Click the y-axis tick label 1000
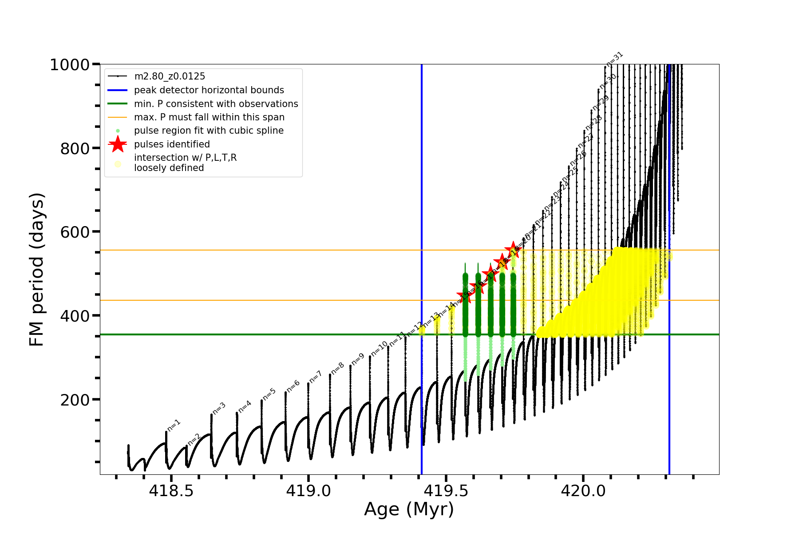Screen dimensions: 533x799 70,65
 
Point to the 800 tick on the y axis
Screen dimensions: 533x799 75,149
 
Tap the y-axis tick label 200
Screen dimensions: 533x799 75,400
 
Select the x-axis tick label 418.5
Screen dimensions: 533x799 171,491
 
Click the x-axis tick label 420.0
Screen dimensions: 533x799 583,491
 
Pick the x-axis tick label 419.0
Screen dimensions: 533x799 309,491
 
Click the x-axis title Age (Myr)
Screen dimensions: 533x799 409,509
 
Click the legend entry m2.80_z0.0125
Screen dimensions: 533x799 170,76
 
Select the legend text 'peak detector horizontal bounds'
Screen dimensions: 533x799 209,90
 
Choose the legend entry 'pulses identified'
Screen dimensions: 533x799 172,144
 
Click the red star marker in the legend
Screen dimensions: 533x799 118,144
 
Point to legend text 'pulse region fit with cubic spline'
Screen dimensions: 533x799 209,131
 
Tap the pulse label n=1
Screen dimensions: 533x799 174,425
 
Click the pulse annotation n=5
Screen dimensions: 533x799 269,394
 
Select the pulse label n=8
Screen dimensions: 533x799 338,368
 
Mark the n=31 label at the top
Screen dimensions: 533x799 615,59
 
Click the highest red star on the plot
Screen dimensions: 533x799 513,249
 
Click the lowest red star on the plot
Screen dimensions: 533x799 465,296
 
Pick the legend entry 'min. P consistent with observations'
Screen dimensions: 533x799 216,104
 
